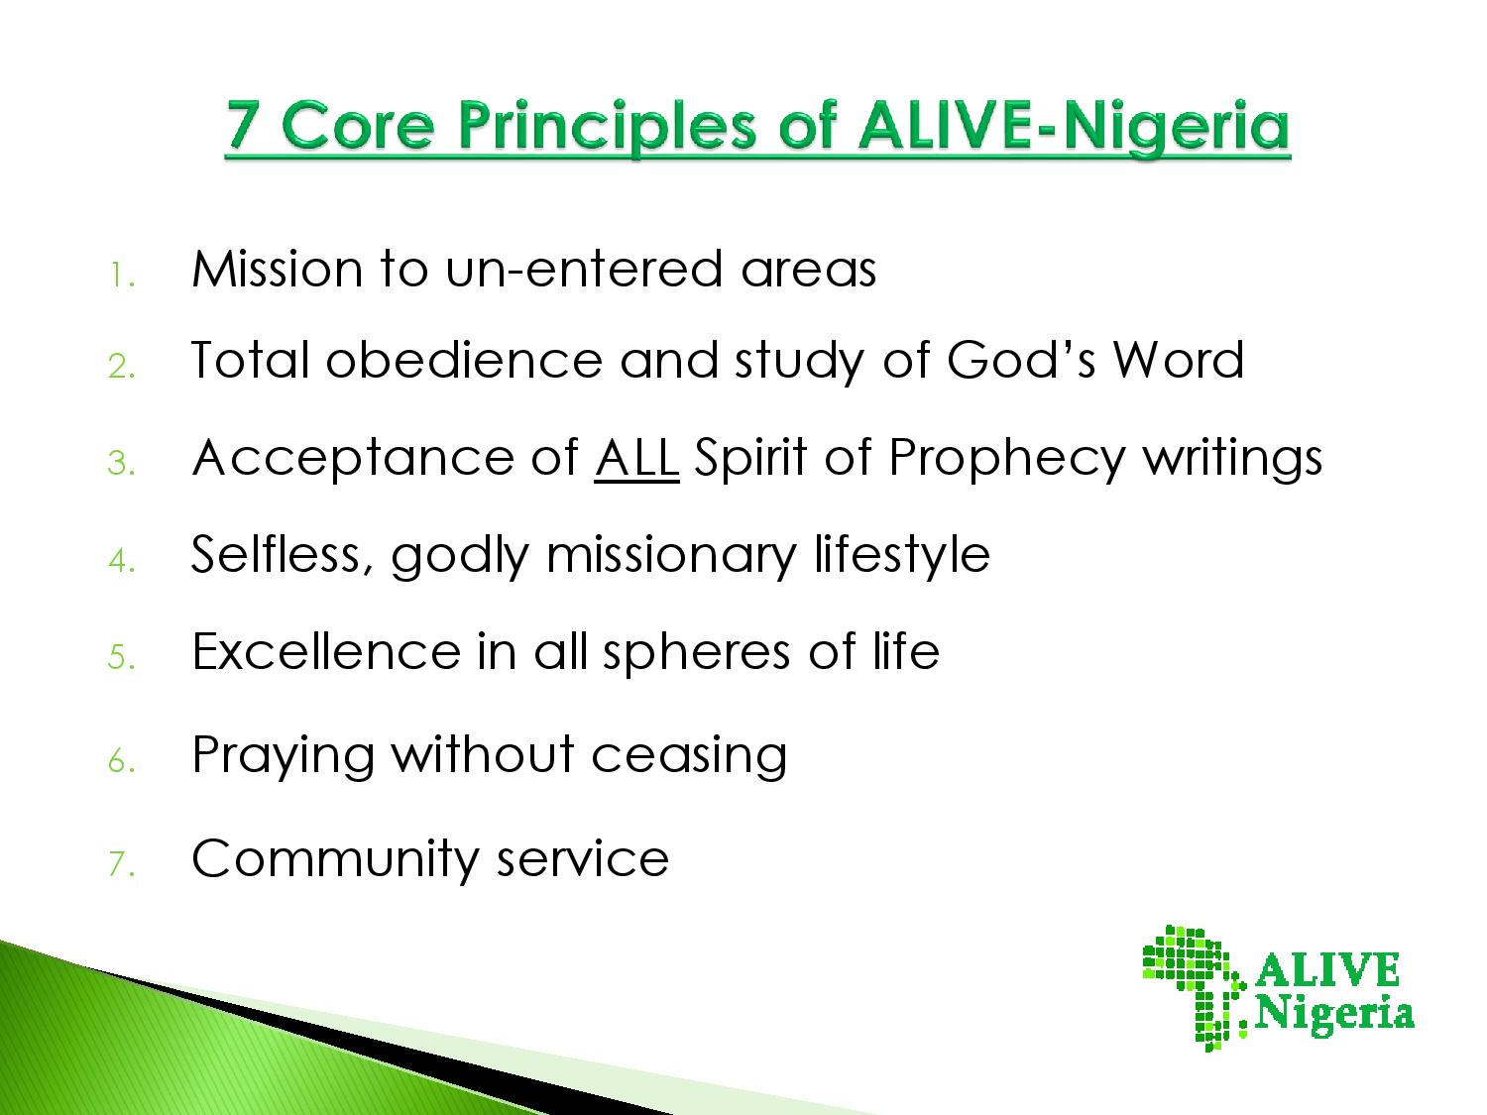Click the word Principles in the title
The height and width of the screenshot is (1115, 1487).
(607, 128)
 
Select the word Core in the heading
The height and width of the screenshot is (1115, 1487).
(357, 125)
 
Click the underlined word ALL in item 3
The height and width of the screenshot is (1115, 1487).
(636, 458)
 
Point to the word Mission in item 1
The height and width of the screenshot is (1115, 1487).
(277, 270)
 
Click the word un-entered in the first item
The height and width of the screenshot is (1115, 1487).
(584, 270)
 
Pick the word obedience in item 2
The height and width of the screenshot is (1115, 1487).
(464, 360)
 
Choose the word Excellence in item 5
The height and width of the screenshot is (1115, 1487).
(326, 652)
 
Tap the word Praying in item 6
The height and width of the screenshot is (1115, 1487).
(284, 756)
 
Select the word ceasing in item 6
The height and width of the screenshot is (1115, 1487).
(689, 756)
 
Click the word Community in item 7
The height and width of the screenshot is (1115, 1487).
(335, 859)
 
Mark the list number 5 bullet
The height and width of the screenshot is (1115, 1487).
(121, 657)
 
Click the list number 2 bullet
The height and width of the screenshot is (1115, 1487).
(121, 367)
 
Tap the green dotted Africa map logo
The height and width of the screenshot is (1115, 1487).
(1194, 988)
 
